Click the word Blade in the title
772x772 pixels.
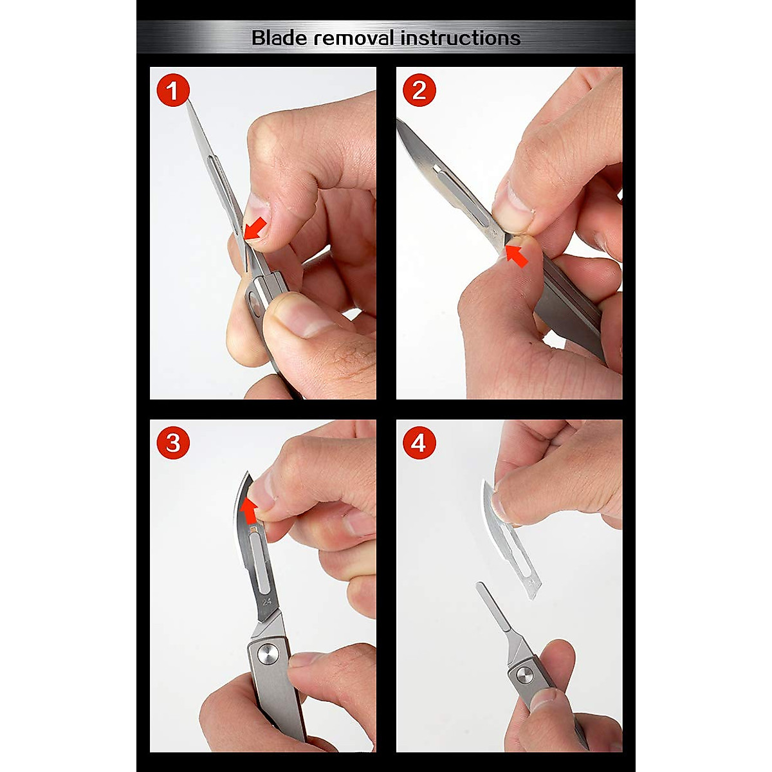click(279, 38)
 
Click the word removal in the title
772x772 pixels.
click(354, 38)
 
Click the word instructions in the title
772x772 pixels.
click(461, 38)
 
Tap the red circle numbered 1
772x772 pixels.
click(173, 90)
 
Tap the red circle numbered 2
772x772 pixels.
click(419, 90)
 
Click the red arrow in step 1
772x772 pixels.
click(255, 229)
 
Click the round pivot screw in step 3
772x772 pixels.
click(268, 655)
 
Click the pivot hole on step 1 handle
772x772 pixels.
click(254, 299)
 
